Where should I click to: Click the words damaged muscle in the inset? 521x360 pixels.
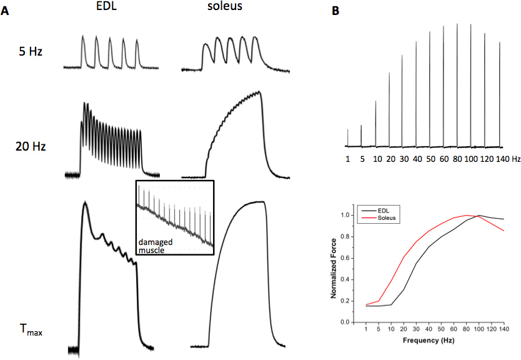coord(156,244)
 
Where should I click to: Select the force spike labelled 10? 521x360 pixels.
coord(375,122)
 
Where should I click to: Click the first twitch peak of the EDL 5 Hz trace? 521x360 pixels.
coord(83,37)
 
